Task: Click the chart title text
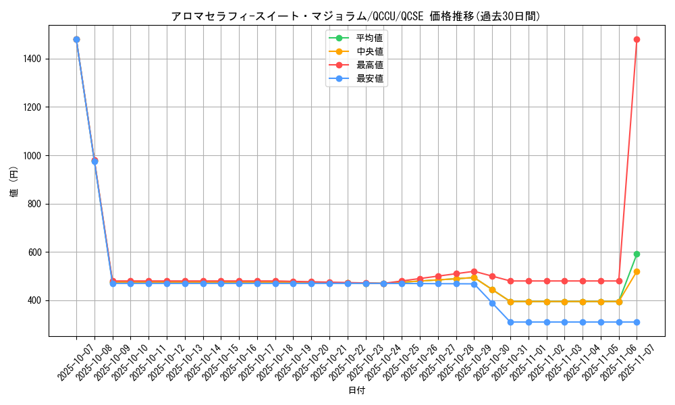point(356,16)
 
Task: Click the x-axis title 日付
point(356,391)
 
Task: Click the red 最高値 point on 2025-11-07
point(637,40)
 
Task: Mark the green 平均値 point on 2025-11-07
point(637,254)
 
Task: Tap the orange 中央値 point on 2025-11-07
point(637,271)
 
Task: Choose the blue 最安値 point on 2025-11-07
point(637,322)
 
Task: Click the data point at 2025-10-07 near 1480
point(76,40)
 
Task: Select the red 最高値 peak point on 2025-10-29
point(474,271)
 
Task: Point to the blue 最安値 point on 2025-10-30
point(492,303)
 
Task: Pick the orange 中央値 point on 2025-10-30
point(492,290)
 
